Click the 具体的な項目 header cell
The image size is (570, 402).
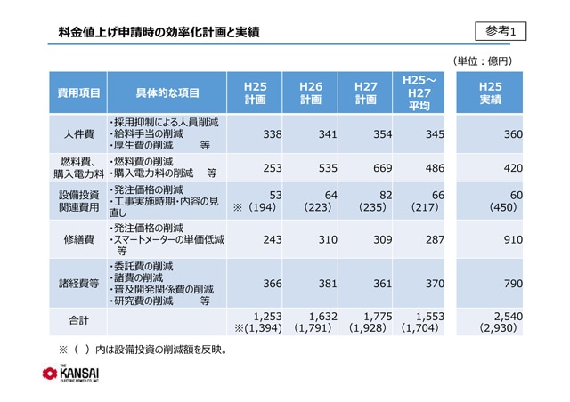tap(167, 92)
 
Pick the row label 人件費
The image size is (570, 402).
tap(77, 133)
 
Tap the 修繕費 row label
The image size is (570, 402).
tap(77, 240)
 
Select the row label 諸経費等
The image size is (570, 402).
tap(77, 284)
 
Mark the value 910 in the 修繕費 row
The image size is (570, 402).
tap(509, 240)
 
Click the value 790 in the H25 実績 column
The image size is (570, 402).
tap(509, 284)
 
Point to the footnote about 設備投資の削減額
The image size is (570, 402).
tap(143, 349)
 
